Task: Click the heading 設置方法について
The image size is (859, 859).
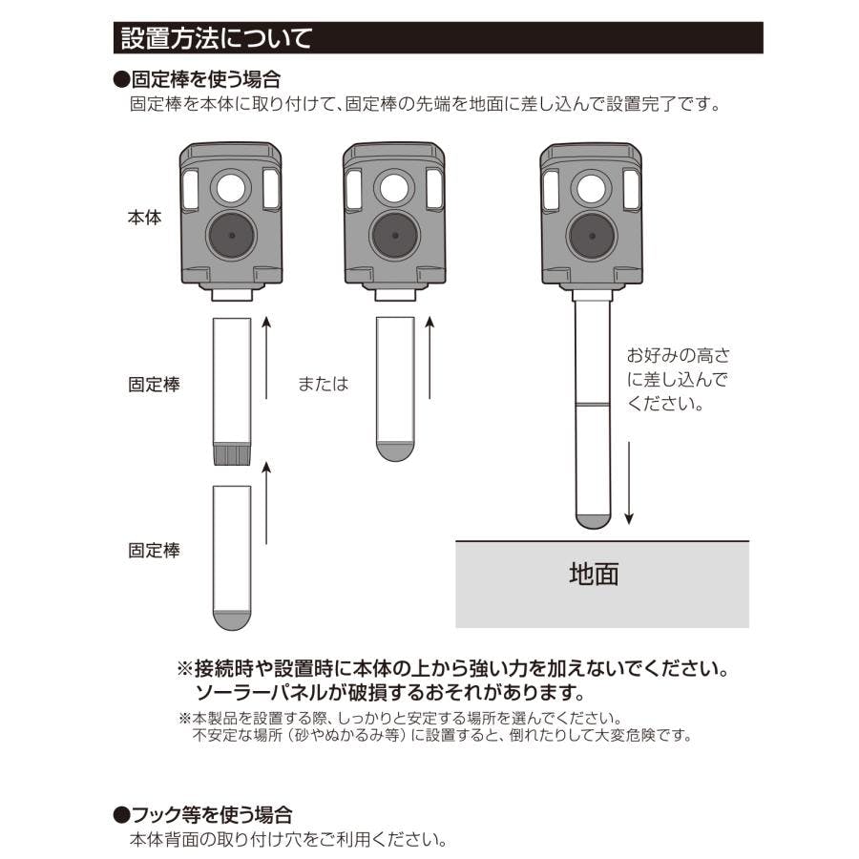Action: pos(217,38)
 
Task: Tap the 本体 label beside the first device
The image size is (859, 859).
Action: pos(145,218)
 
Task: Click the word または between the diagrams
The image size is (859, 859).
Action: pos(324,384)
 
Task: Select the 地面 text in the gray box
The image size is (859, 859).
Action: pos(594,575)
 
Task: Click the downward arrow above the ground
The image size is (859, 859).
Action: pos(629,483)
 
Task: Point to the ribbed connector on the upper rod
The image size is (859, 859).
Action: pos(232,453)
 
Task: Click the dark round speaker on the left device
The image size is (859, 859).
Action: pos(232,236)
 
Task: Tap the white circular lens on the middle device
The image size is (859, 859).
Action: pos(394,188)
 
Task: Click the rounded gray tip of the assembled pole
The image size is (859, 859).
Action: pos(593,521)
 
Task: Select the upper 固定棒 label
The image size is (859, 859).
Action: pos(154,384)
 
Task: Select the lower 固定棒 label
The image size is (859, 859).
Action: pos(154,550)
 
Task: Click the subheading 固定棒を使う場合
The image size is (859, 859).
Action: pos(198,80)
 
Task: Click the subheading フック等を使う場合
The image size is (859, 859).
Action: pos(202,815)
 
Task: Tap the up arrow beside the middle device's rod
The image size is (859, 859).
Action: pos(429,358)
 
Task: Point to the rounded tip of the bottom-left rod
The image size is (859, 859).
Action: pos(232,620)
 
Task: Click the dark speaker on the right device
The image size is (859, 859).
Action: pos(592,236)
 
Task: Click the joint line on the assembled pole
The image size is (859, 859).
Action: pos(593,405)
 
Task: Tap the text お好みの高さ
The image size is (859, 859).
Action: pos(679,355)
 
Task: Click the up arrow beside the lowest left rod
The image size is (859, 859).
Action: pos(266,503)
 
